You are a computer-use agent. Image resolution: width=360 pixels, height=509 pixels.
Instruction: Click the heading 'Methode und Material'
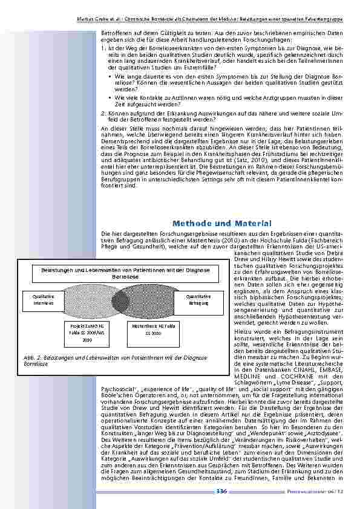point(218,224)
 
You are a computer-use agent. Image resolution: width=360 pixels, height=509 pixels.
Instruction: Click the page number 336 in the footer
point(221,491)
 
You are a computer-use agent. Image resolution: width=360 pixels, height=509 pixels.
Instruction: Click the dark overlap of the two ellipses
point(118,300)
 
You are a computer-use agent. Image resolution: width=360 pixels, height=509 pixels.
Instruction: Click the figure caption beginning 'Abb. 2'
point(115,361)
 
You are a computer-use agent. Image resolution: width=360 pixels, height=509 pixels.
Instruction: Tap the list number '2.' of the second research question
point(103,112)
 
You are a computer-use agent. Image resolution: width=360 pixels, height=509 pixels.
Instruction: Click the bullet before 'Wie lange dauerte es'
point(110,78)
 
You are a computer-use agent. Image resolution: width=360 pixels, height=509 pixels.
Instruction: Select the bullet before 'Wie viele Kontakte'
point(110,96)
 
